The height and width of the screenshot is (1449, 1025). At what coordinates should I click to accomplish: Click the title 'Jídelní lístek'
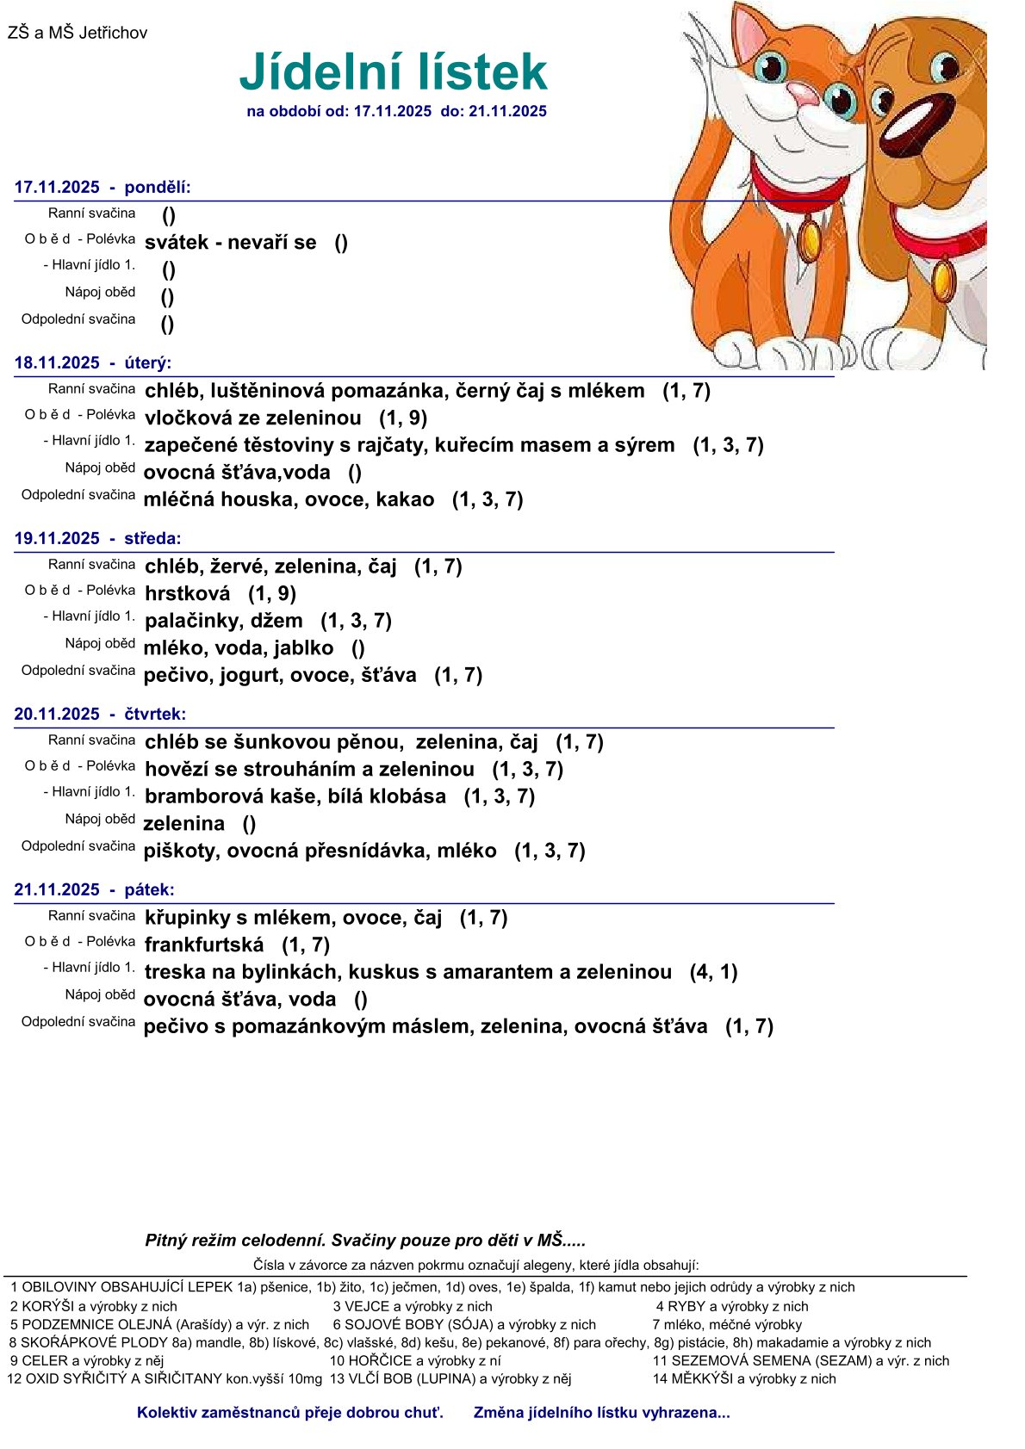393,72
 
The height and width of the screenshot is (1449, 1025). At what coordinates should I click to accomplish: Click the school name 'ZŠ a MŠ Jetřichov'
78,34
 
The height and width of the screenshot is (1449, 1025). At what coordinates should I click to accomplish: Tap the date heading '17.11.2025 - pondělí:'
102,188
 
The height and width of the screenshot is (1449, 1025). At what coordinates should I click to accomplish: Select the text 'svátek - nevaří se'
230,243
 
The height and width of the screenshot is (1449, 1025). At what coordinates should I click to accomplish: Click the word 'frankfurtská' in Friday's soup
204,944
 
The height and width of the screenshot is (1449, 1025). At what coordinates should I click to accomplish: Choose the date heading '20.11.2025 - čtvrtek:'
100,714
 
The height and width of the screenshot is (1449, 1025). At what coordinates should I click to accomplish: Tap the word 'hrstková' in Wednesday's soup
188,593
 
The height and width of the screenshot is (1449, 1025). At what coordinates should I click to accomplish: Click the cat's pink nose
803,93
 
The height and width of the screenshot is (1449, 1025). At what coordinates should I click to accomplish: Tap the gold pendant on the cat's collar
810,240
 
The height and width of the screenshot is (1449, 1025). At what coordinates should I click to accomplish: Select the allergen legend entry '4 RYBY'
732,1306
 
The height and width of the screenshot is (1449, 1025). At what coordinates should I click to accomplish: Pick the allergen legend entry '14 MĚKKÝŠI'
744,1378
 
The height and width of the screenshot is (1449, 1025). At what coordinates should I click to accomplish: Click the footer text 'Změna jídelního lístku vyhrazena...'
601,1413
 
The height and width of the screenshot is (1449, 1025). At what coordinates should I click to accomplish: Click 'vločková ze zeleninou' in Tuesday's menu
253,418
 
